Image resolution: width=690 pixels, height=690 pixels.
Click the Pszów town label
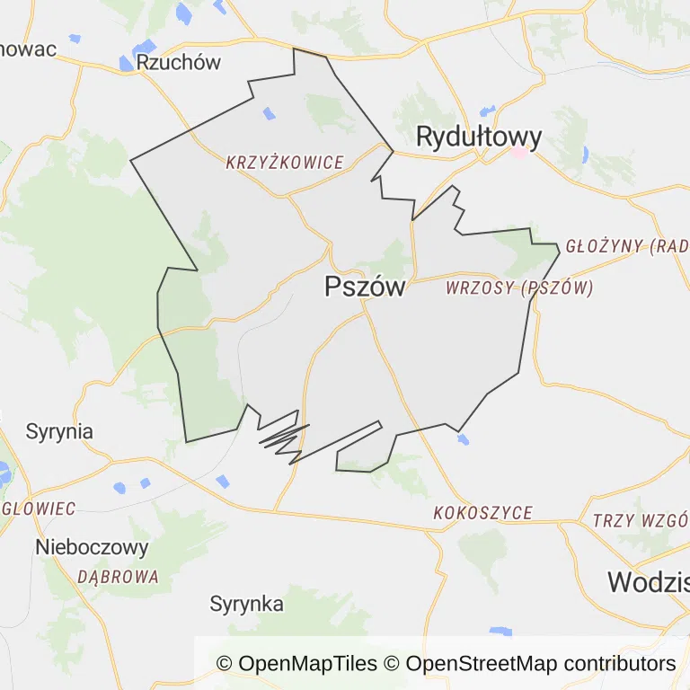click(365, 287)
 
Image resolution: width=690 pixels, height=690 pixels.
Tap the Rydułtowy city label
click(479, 137)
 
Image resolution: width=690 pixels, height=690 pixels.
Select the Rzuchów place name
click(179, 62)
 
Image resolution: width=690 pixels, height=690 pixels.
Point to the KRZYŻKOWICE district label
click(285, 163)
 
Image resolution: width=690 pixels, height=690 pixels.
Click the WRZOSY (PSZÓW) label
click(519, 288)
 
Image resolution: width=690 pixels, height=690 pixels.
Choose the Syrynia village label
click(59, 430)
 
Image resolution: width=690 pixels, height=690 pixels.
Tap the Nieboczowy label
click(92, 547)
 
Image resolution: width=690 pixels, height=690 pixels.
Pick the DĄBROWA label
click(118, 577)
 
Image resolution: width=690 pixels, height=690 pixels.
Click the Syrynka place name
click(247, 604)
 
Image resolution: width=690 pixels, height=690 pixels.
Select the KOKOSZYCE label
click(482, 513)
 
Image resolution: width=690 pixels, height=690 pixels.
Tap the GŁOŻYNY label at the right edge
click(626, 246)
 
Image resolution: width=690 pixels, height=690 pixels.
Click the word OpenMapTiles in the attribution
click(308, 664)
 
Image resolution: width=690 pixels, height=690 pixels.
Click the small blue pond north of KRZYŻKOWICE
click(268, 114)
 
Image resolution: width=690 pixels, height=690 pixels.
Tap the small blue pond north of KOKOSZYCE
click(463, 439)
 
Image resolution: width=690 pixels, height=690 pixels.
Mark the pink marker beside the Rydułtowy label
click(519, 152)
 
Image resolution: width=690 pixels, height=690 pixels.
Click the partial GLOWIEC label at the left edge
click(39, 509)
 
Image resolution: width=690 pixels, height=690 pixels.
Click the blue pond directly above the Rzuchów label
click(144, 46)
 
